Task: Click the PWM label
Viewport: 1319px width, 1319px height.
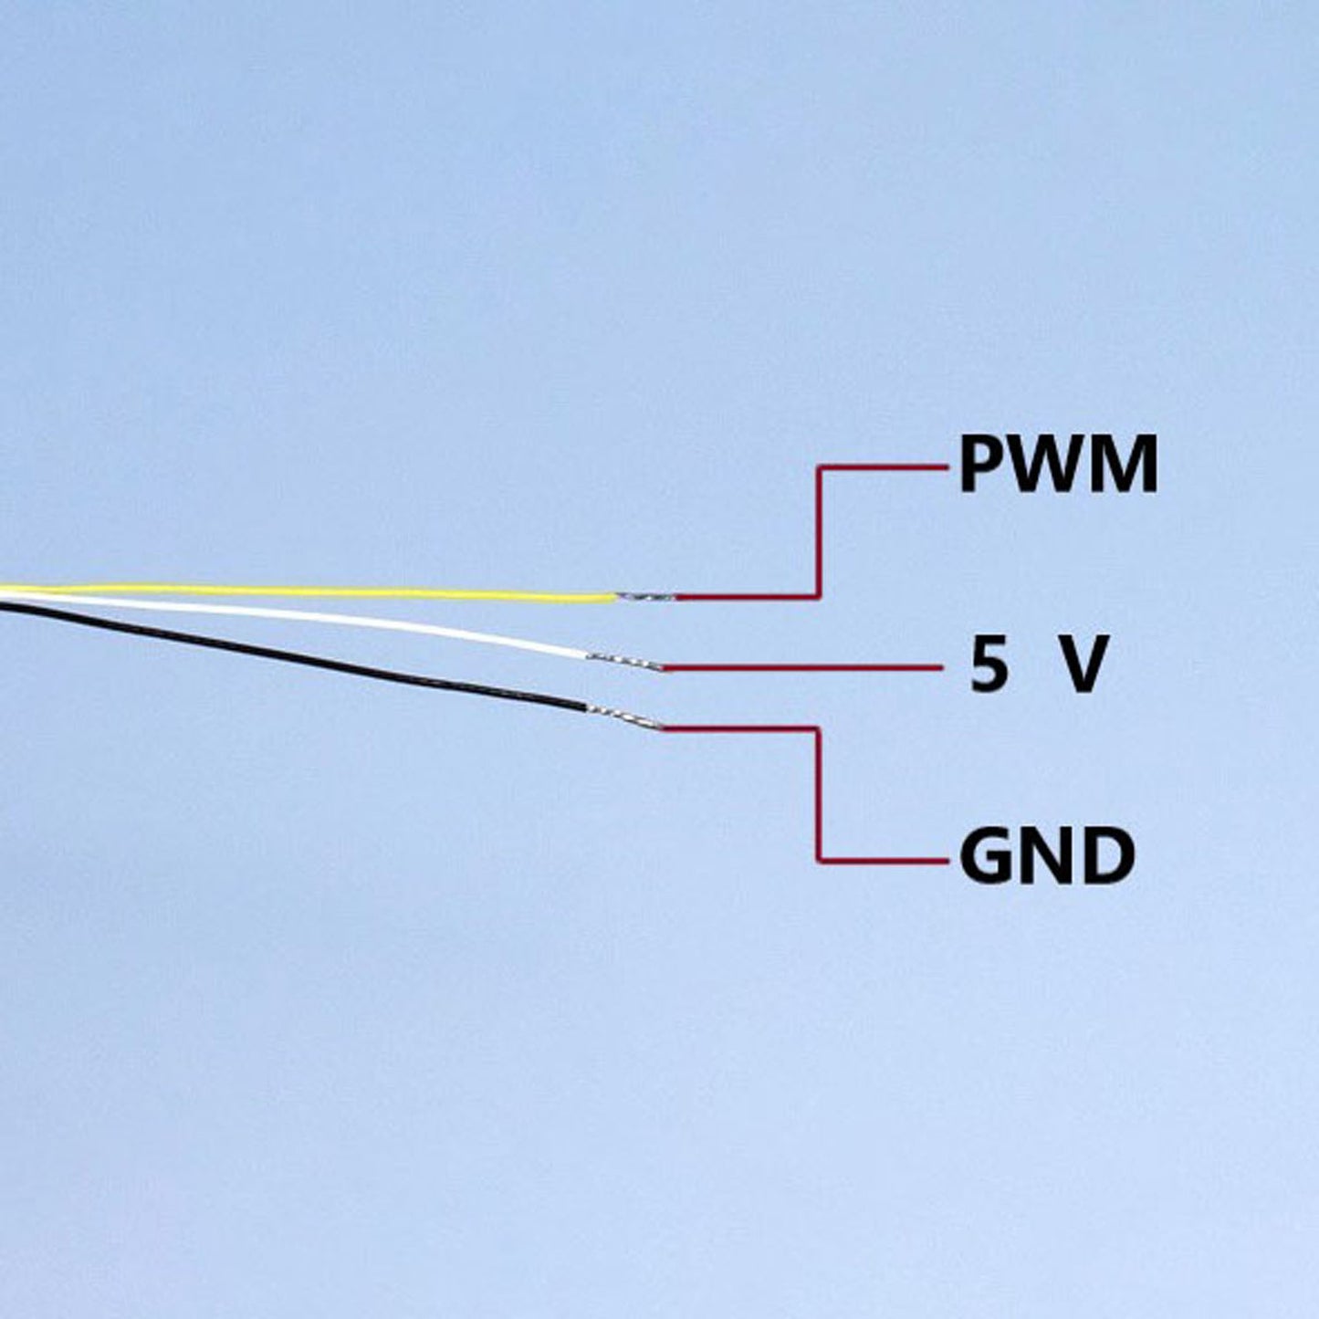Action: tap(1058, 466)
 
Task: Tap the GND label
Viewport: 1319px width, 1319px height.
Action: tap(1047, 857)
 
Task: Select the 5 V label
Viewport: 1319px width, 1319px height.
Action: tap(1038, 665)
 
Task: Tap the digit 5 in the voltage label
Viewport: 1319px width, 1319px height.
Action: tap(989, 665)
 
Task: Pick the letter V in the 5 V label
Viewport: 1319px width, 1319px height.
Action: tap(1083, 665)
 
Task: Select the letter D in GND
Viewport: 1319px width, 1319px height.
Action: tap(1109, 857)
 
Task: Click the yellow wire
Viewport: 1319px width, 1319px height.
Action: tap(319, 591)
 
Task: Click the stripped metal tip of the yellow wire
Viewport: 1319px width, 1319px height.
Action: tap(646, 597)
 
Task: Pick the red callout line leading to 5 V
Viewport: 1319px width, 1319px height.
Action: tap(803, 668)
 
